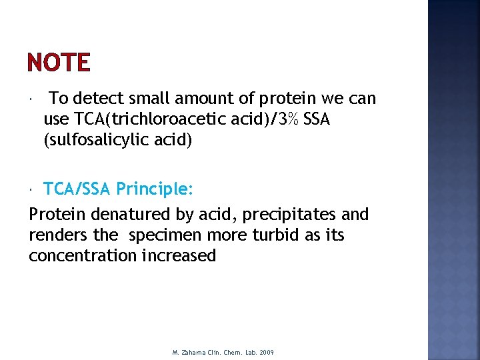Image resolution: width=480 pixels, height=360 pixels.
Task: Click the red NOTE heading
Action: (x=59, y=63)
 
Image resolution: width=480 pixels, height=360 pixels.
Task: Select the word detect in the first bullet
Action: (x=97, y=99)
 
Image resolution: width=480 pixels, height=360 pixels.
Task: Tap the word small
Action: (x=147, y=99)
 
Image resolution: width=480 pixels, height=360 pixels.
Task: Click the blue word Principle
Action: (x=155, y=189)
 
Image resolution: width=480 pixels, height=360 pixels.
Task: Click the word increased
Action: (x=179, y=256)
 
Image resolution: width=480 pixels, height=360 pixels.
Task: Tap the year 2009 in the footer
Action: (x=267, y=352)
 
